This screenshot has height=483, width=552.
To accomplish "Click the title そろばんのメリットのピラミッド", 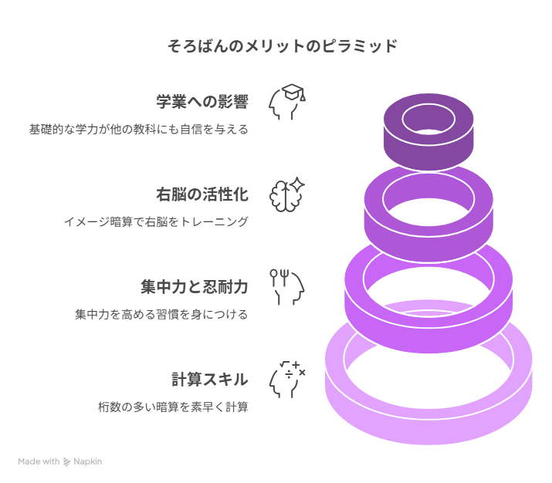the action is [283, 46].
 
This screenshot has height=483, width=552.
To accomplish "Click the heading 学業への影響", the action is [202, 102].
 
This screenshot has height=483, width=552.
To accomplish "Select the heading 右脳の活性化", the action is [202, 194].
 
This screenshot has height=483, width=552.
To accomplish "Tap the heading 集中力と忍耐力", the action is [195, 287].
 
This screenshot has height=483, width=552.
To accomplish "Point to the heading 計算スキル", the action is [210, 380].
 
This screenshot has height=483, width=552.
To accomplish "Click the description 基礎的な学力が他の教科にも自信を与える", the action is [139, 130].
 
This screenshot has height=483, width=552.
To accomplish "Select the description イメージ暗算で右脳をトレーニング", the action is [156, 222].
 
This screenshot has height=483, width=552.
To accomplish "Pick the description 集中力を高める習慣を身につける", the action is [161, 314].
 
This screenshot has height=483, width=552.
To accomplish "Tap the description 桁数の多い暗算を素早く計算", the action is [173, 407].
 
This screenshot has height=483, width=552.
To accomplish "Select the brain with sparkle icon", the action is [287, 194].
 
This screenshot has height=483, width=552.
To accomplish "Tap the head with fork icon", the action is [287, 287].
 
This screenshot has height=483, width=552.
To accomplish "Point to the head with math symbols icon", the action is [287, 380].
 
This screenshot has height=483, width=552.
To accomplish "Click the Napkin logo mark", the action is [66, 462].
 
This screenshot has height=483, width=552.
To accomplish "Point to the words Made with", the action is [39, 461].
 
